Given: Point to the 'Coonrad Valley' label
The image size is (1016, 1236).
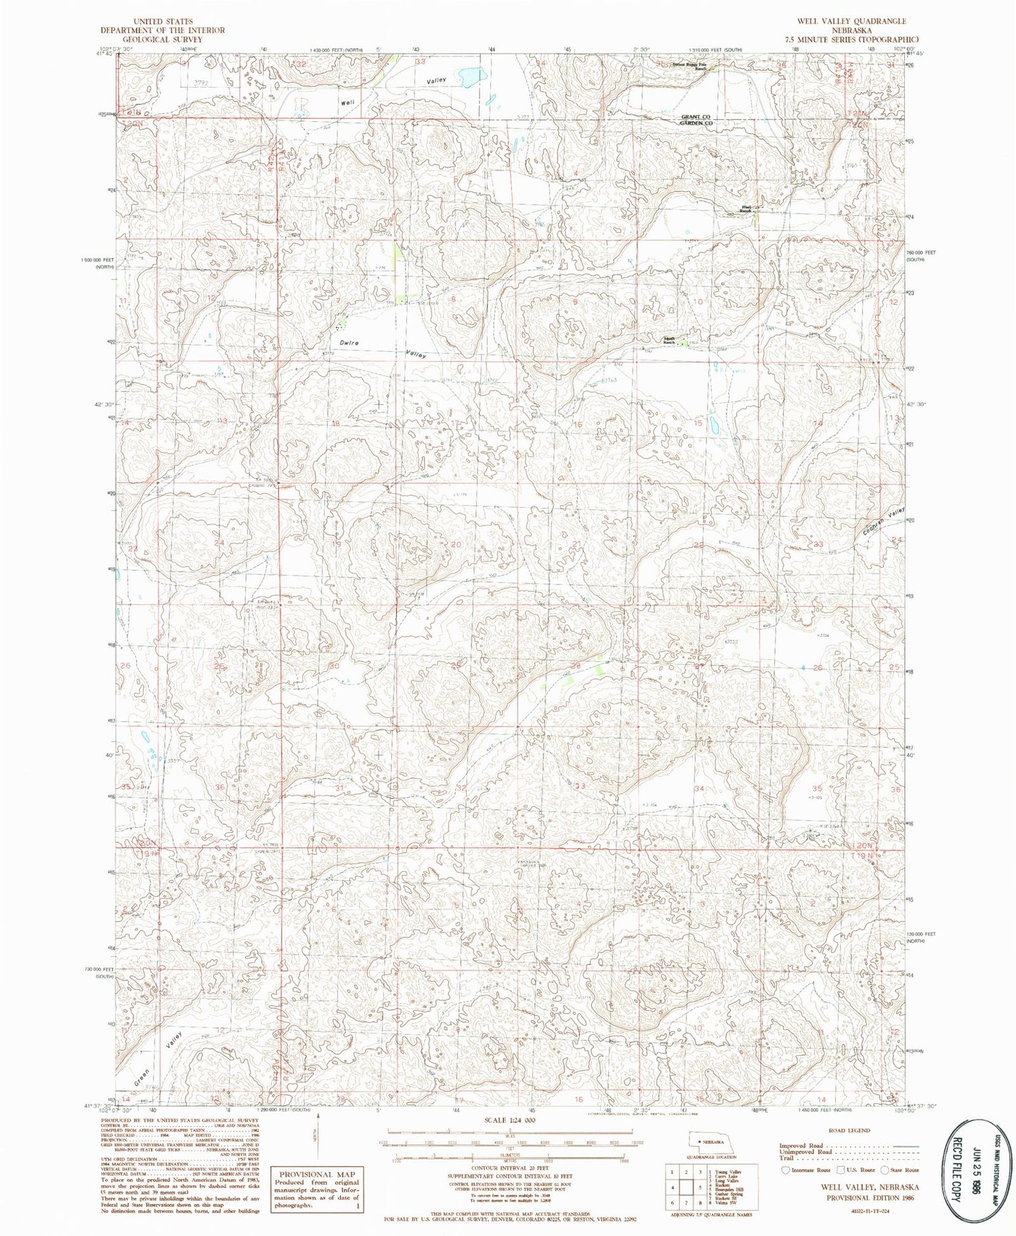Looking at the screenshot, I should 885,523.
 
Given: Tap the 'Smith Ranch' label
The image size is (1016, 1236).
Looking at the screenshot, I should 669,341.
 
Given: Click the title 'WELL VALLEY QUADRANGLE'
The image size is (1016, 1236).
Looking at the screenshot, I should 851,22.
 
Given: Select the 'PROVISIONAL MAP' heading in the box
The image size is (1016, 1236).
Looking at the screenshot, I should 316,1174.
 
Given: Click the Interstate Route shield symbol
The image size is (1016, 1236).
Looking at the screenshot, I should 785,1170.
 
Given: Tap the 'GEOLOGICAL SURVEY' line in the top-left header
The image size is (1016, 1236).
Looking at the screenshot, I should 163,39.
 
